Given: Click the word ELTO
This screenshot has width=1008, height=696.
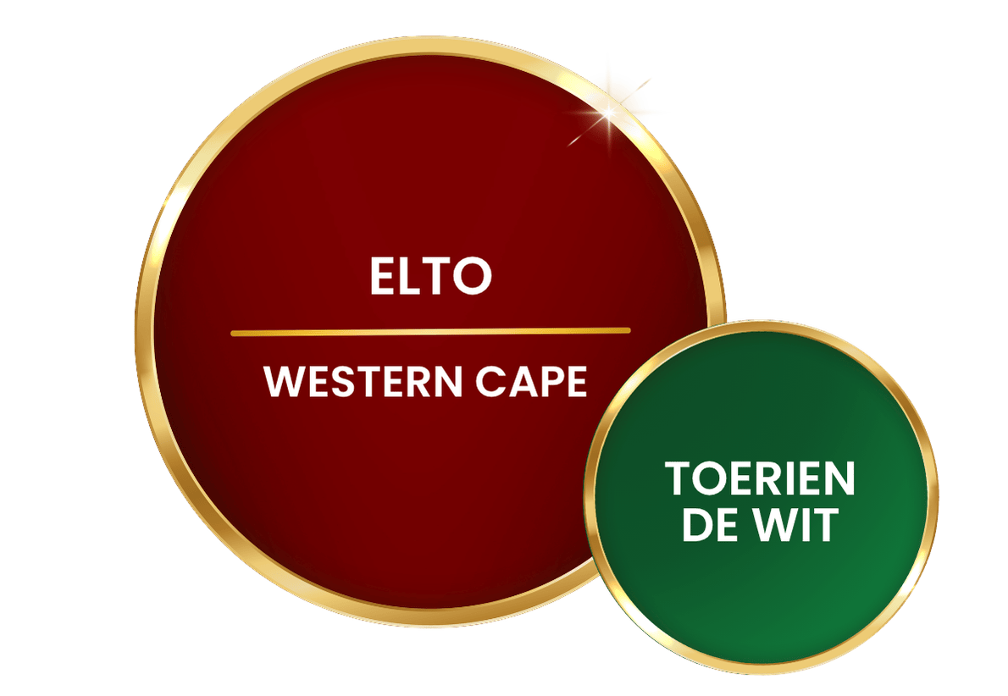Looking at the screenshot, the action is tap(430, 276).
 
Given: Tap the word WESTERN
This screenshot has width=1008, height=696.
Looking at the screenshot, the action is tap(363, 381).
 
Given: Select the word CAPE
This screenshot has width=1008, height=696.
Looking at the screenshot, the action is tap(531, 381).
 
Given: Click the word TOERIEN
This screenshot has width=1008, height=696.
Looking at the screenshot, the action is tap(760, 478).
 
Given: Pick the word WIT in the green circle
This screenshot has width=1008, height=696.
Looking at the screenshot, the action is tap(796, 524).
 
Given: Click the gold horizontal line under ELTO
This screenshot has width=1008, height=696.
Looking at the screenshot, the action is tap(430, 332).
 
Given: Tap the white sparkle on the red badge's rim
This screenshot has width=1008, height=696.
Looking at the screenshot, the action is tap(608, 114).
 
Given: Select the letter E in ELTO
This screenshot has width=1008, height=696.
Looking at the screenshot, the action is tap(380, 276).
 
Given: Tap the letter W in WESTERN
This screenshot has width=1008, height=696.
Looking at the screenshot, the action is tap(284, 381).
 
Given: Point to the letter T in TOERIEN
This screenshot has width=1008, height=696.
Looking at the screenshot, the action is tap(679, 478).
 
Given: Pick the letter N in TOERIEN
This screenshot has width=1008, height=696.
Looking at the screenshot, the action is tap(839, 478).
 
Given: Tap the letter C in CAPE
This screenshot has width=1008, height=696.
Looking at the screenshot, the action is tap(490, 381).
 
